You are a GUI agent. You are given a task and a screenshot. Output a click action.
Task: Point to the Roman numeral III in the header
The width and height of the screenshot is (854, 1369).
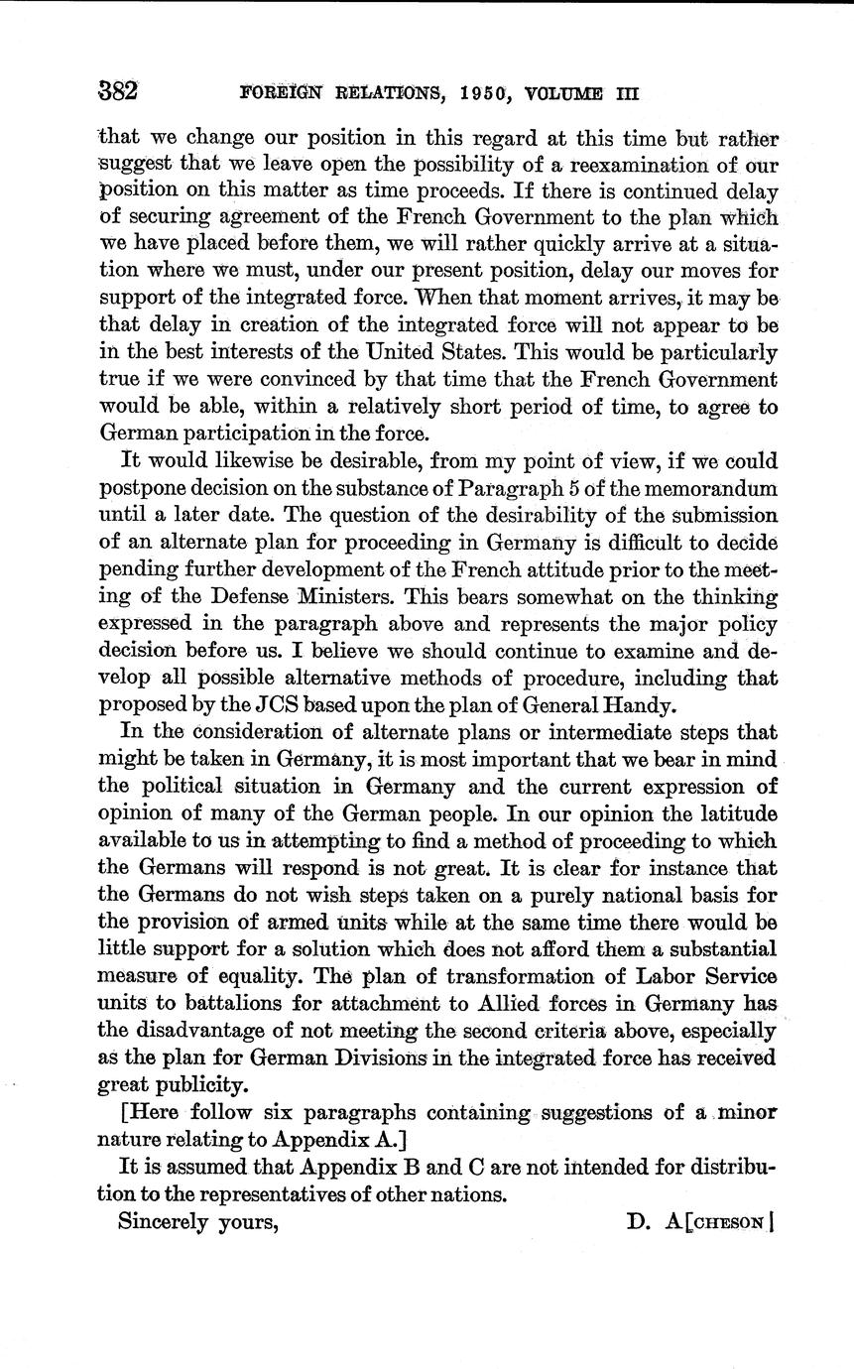[625, 95]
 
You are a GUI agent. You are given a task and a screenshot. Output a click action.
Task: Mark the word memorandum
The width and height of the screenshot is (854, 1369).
[713, 487]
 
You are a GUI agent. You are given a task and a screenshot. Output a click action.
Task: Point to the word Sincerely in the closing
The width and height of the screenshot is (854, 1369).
[164, 1221]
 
